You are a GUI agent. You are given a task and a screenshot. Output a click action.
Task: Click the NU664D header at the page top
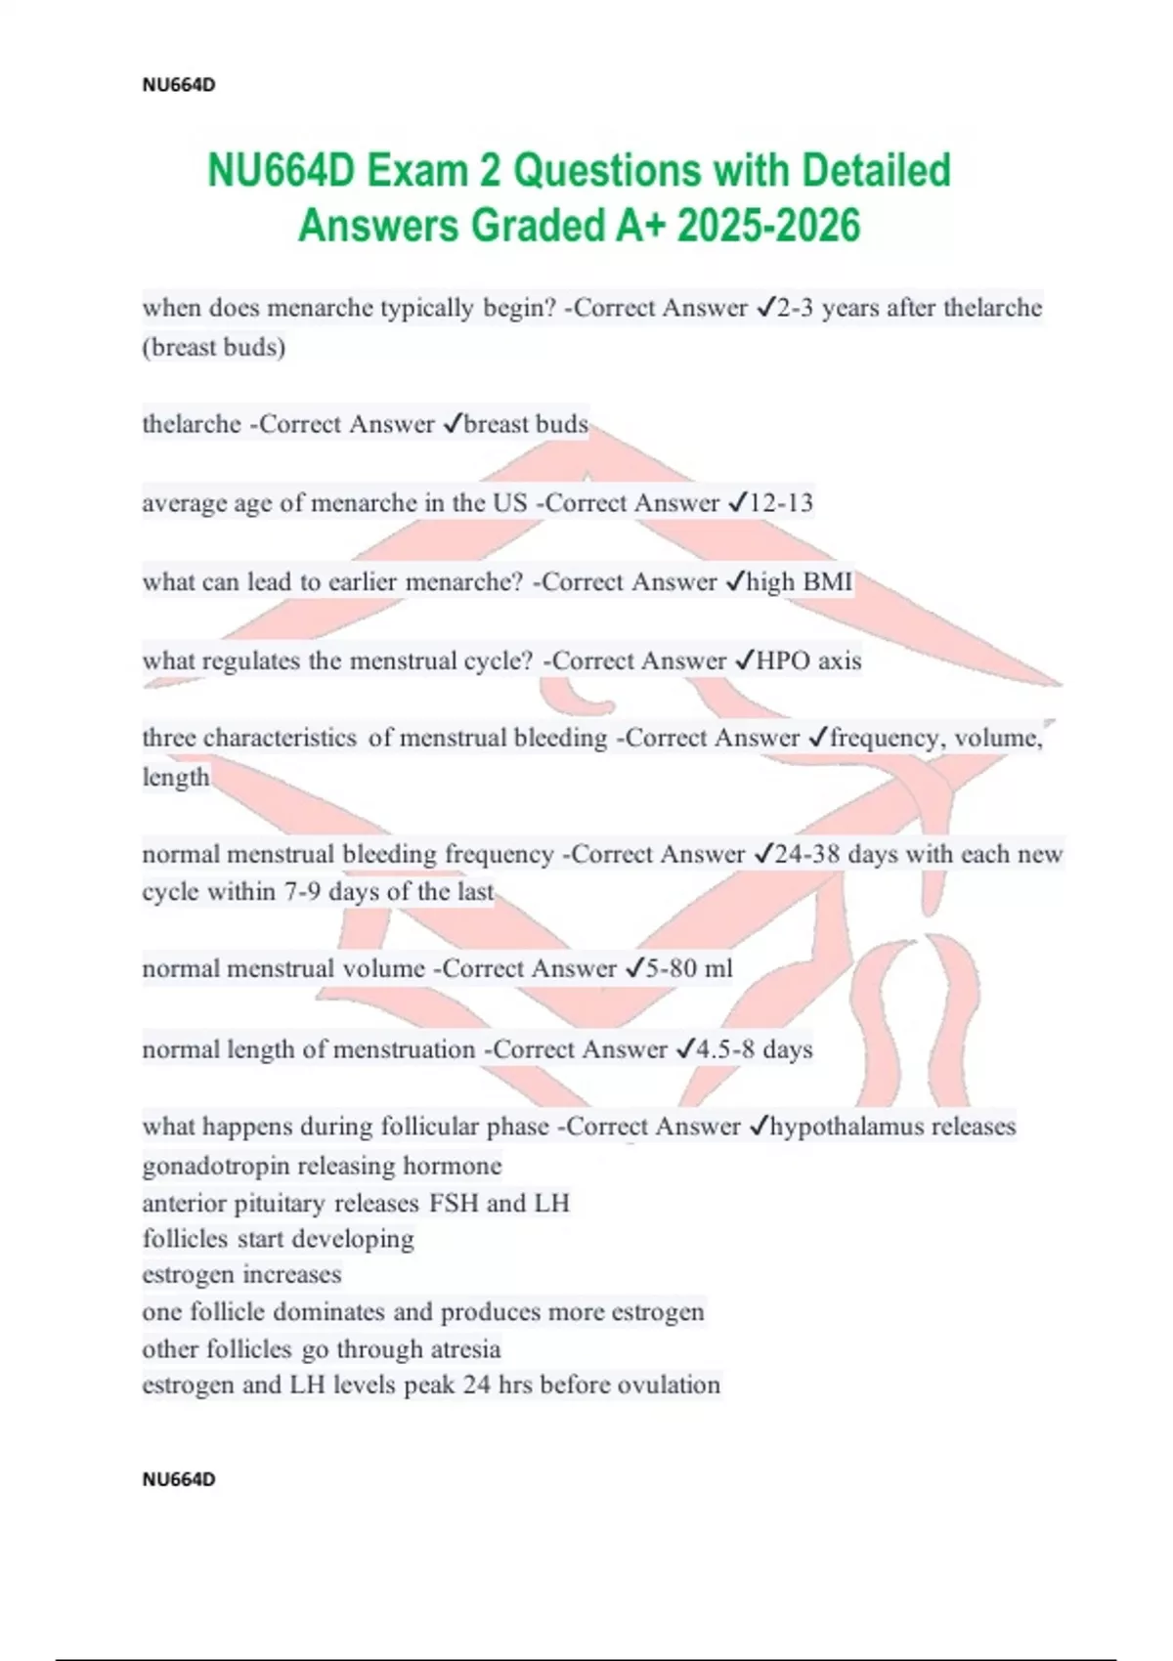pyautogui.click(x=179, y=85)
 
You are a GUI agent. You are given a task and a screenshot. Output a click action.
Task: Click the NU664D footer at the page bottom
pyautogui.click(x=179, y=1479)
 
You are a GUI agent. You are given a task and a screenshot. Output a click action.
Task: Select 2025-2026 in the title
pyautogui.click(x=768, y=226)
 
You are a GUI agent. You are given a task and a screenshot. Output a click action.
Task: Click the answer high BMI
pyautogui.click(x=800, y=582)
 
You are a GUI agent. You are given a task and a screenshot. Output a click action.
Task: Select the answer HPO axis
pyautogui.click(x=809, y=661)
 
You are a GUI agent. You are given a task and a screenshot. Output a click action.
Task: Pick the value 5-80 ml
pyautogui.click(x=689, y=969)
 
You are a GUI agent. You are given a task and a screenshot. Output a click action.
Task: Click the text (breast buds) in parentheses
pyautogui.click(x=214, y=348)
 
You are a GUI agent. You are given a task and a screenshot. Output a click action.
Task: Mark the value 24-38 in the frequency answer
pyautogui.click(x=807, y=855)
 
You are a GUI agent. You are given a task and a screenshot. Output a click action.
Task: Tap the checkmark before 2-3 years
pyautogui.click(x=765, y=309)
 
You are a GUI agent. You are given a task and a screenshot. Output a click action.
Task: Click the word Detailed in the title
pyautogui.click(x=876, y=171)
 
